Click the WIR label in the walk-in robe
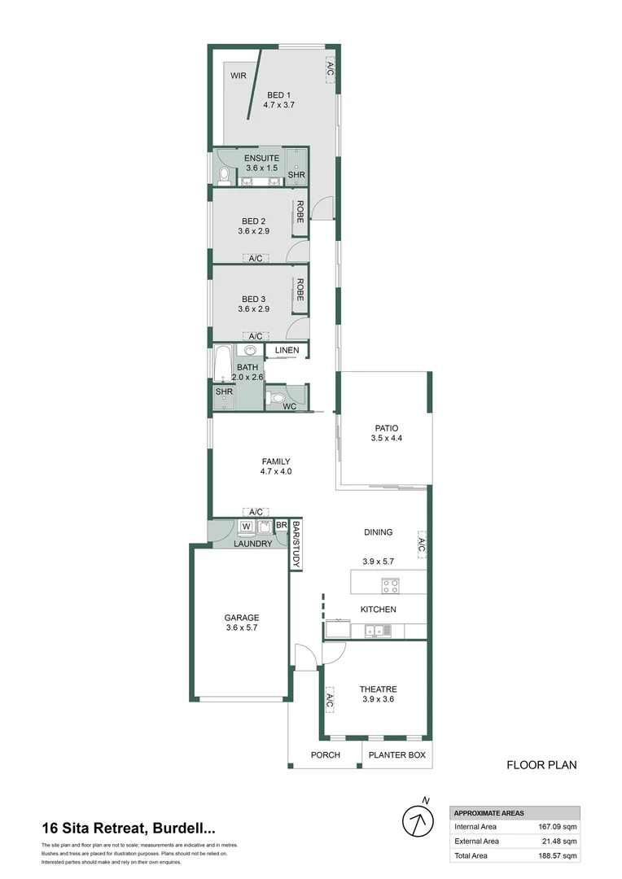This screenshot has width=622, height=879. click(x=238, y=76)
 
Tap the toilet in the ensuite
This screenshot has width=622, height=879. click(x=224, y=174)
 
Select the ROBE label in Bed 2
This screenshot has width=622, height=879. click(x=300, y=212)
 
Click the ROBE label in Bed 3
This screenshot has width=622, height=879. click(x=300, y=291)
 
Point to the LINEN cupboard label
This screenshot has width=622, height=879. click(x=287, y=351)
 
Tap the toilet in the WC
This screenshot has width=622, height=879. click(x=277, y=399)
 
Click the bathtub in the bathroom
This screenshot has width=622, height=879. click(x=222, y=364)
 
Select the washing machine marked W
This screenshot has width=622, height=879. click(x=245, y=526)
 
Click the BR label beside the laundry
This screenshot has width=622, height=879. click(x=281, y=526)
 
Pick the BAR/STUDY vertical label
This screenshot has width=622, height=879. click(x=296, y=544)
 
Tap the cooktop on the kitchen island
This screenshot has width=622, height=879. click(x=390, y=584)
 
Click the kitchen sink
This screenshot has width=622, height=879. click(x=376, y=629)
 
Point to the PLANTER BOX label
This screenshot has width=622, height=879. click(x=397, y=755)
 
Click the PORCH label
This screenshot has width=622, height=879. click(x=326, y=755)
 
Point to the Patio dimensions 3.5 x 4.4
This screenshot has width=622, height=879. click(x=386, y=439)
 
